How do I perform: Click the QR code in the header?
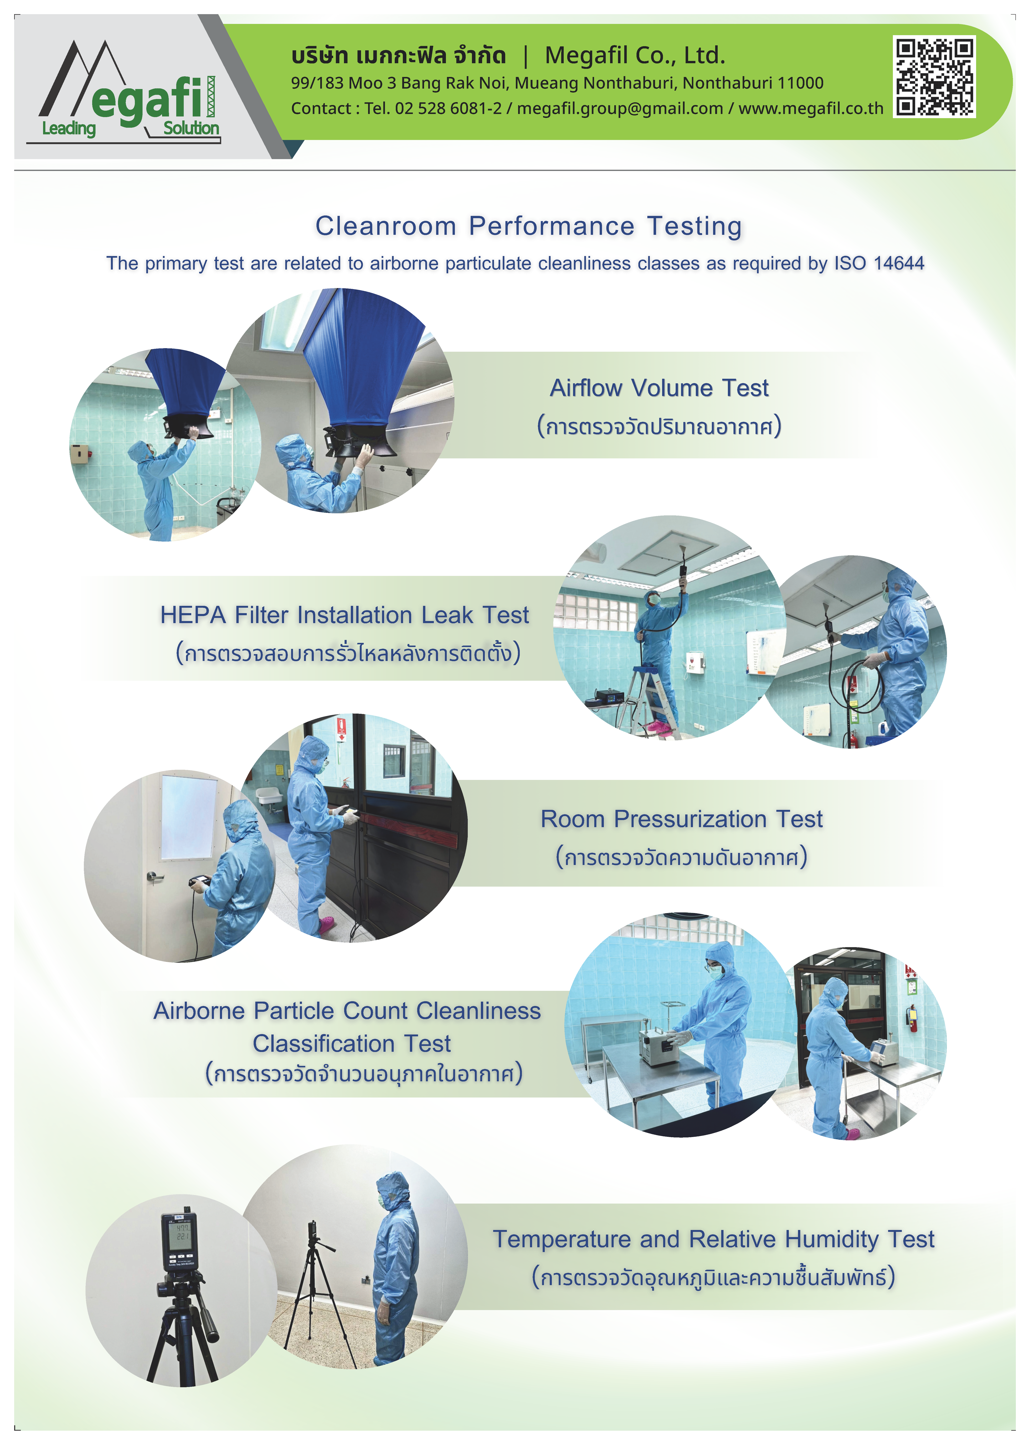[934, 77]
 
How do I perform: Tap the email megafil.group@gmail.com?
[620, 108]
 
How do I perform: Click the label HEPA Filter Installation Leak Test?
[344, 615]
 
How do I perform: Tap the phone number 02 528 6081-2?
[448, 108]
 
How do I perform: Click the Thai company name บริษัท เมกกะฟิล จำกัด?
[398, 56]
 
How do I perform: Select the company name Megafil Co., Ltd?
[635, 56]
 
